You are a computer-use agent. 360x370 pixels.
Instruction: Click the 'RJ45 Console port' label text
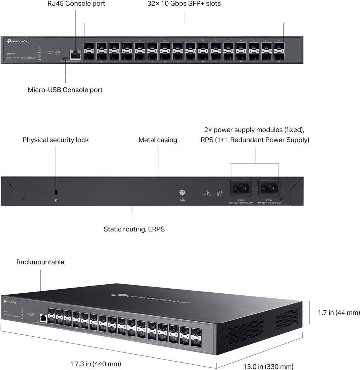tap(76, 4)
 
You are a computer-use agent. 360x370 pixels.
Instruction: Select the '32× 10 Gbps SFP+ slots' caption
tap(184, 4)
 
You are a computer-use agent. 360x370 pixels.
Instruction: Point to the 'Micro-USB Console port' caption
tap(65, 90)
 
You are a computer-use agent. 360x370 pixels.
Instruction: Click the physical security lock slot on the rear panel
tap(56, 192)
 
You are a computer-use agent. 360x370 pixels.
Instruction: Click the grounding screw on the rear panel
tap(182, 192)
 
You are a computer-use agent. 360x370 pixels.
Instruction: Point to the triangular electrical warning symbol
tap(207, 193)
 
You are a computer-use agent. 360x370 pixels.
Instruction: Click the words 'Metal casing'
tap(158, 140)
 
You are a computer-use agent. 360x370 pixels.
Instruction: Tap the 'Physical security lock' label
tap(56, 140)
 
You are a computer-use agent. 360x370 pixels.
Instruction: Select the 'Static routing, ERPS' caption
tap(134, 229)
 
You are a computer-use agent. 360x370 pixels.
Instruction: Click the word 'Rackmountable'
tap(40, 262)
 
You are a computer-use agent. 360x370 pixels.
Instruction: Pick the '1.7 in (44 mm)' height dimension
tap(339, 313)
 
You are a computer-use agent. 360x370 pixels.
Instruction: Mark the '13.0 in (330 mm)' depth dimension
tap(268, 366)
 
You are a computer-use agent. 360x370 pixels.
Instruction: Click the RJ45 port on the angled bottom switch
tap(43, 317)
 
